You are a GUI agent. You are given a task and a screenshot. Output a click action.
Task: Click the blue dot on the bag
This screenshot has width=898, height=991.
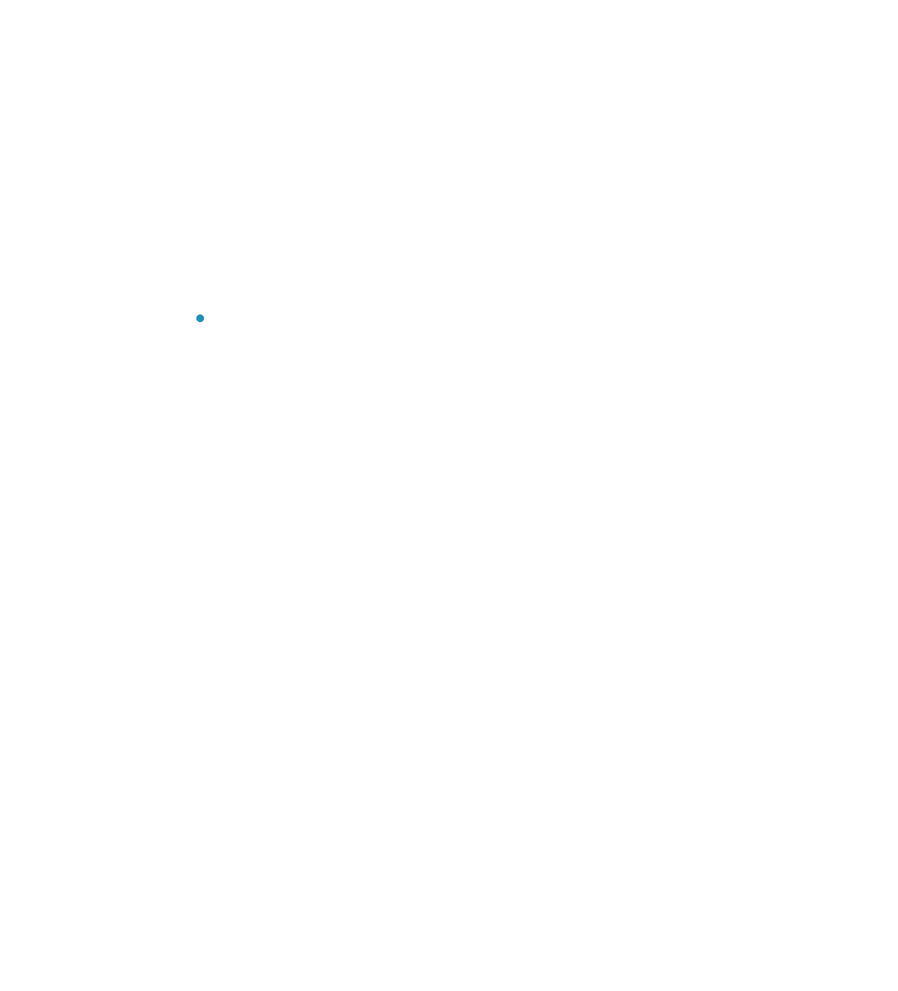click(x=200, y=318)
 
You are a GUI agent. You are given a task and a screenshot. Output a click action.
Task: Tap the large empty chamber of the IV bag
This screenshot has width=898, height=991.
click(x=200, y=425)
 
